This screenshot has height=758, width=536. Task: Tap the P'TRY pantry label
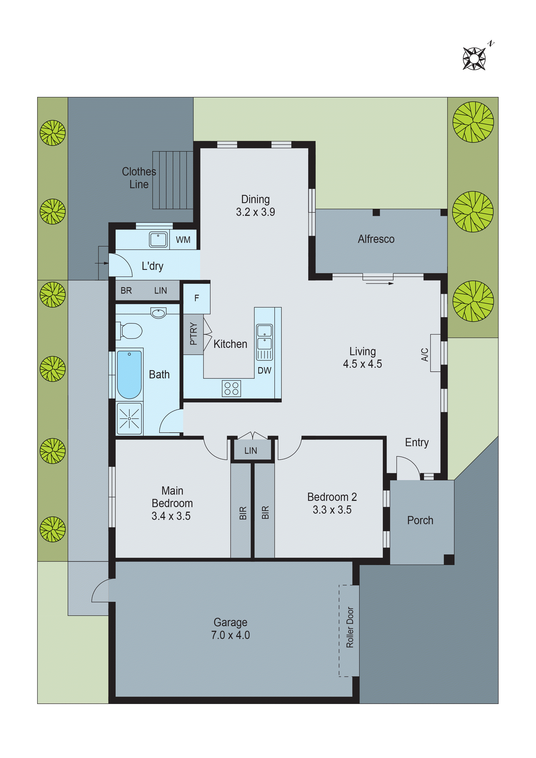click(x=193, y=334)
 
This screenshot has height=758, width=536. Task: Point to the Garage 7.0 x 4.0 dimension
click(x=231, y=635)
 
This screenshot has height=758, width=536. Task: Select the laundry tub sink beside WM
click(x=158, y=239)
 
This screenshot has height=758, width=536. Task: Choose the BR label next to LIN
click(x=126, y=291)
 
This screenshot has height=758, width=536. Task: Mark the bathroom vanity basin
click(x=158, y=313)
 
